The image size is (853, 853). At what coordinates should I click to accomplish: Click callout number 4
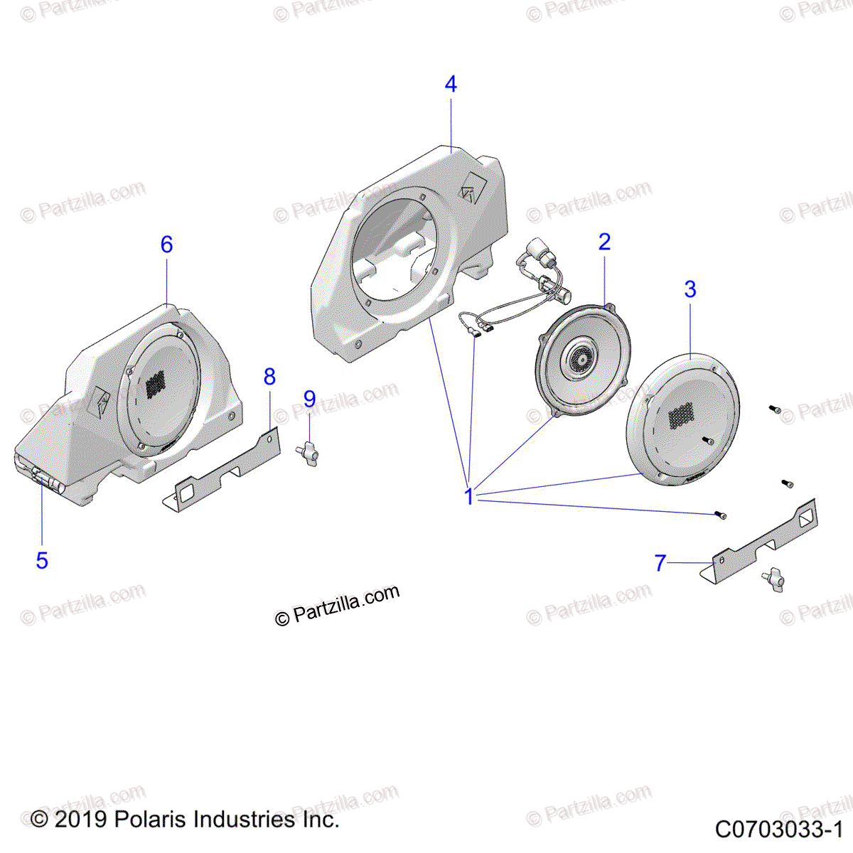(x=451, y=84)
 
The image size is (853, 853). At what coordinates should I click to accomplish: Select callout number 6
(x=166, y=245)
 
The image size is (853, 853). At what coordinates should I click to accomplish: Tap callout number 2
(x=604, y=242)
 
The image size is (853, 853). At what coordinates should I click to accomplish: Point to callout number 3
(x=690, y=289)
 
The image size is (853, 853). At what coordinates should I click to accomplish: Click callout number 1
(x=468, y=496)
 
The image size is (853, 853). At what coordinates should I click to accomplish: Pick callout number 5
(x=42, y=560)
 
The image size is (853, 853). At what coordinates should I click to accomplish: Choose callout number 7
(x=660, y=564)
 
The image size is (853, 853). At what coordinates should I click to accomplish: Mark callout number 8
(x=269, y=377)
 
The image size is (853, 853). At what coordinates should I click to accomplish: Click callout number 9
(x=309, y=399)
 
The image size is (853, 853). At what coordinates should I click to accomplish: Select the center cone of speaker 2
(x=581, y=359)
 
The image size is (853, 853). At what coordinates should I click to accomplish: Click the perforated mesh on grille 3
(x=681, y=414)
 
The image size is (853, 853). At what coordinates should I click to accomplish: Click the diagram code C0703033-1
(x=778, y=829)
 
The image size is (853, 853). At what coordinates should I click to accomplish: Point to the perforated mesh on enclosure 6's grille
(x=156, y=384)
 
